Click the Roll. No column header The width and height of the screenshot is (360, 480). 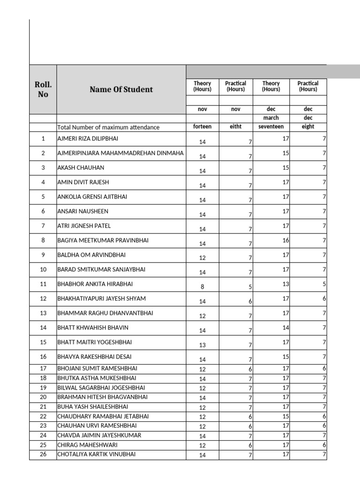(43, 90)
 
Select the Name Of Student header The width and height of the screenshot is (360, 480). (121, 90)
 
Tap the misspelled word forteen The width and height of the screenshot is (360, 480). (202, 127)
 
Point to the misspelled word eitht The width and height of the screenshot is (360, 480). (235, 127)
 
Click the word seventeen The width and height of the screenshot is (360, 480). (271, 127)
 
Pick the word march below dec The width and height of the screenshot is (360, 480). (271, 118)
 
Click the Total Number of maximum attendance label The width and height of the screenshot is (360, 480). (108, 127)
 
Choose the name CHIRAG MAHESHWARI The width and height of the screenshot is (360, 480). (87, 444)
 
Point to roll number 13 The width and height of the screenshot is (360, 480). (43, 313)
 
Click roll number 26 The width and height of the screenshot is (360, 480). (43, 454)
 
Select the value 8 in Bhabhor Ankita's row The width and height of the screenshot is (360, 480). (202, 287)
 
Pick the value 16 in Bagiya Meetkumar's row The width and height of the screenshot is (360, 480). (285, 240)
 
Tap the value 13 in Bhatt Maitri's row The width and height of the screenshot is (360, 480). (202, 345)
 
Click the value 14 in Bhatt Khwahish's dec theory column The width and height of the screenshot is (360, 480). (285, 327)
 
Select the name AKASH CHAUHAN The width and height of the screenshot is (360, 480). (81, 168)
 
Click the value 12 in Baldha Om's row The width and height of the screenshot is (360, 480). (202, 258)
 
